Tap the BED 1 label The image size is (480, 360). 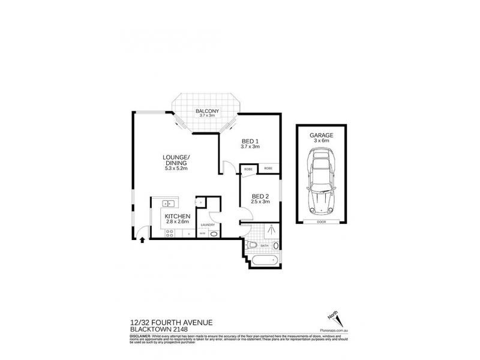pos(249,142)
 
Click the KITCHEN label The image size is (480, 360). pos(178,216)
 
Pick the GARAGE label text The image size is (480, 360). pos(321,136)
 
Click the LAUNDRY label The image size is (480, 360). pos(208,225)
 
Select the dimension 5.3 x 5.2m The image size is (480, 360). pos(176,169)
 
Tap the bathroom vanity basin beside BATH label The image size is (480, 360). pos(276,246)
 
